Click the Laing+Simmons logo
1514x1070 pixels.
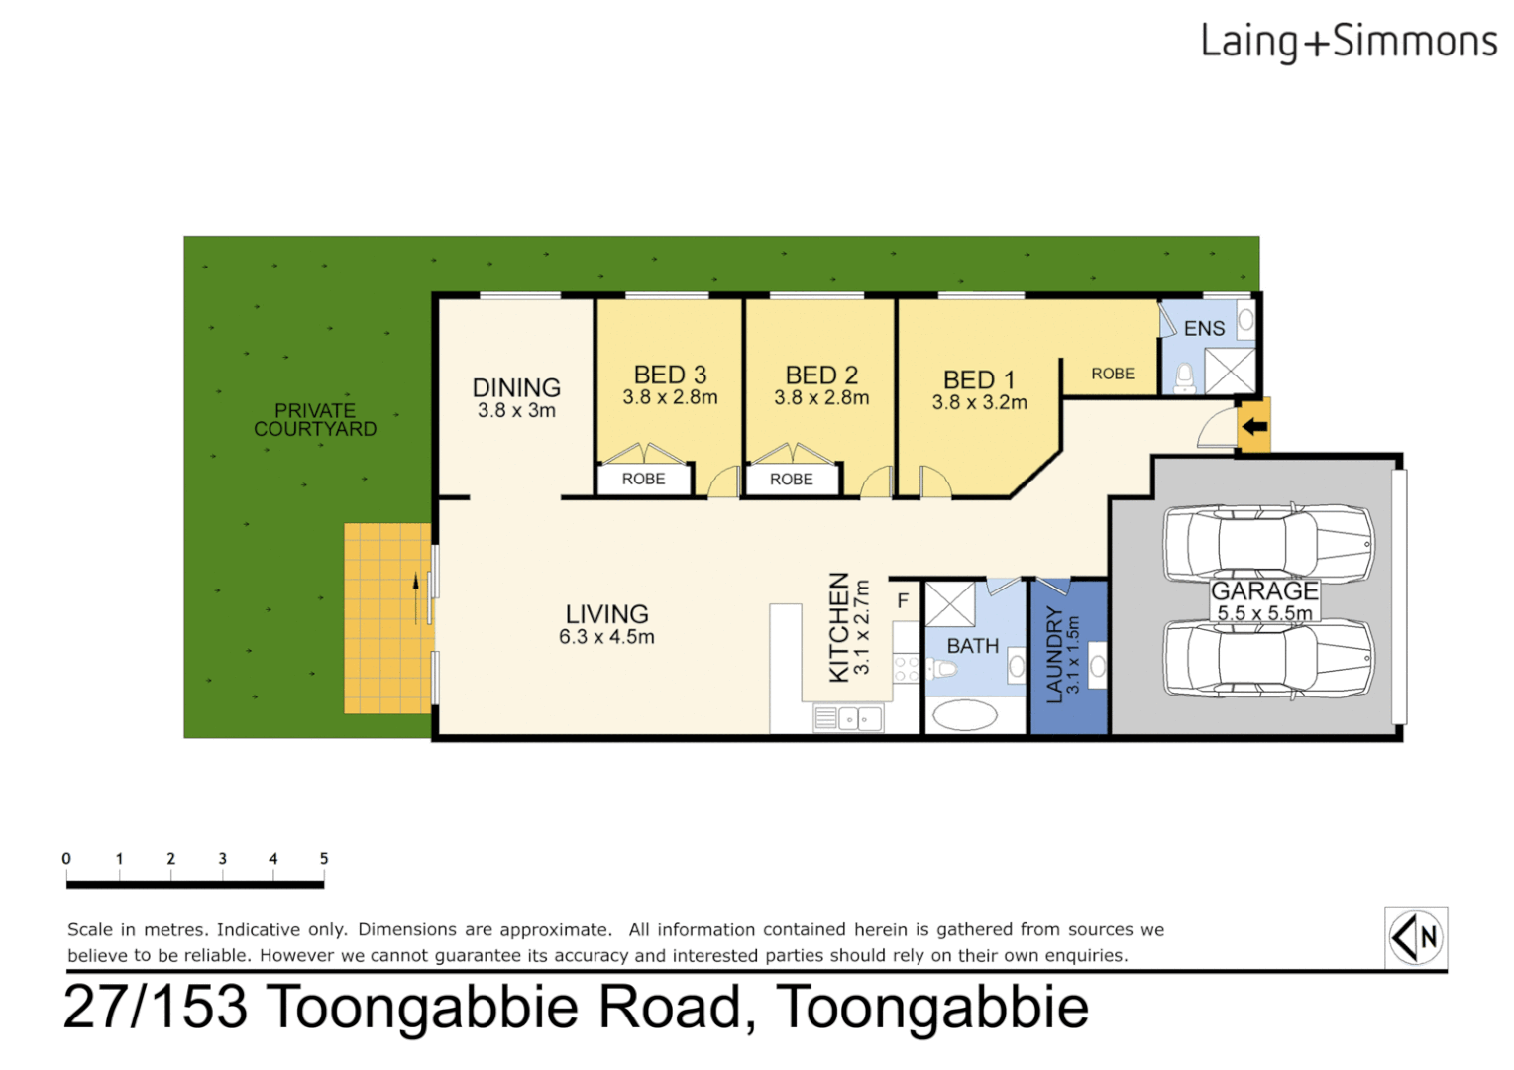pyautogui.click(x=1348, y=42)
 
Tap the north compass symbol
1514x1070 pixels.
pyautogui.click(x=1416, y=936)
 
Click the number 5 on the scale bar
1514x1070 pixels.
pyautogui.click(x=324, y=858)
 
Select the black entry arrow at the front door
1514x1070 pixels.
pyautogui.click(x=1254, y=427)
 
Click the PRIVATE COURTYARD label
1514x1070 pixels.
pyautogui.click(x=315, y=420)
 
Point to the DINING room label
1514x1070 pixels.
pyautogui.click(x=516, y=387)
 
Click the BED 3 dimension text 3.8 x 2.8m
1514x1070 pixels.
pyautogui.click(x=670, y=398)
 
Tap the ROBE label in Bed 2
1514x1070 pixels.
pyautogui.click(x=791, y=480)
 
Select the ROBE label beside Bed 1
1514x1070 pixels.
pyautogui.click(x=1113, y=374)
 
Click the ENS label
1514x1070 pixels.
pyautogui.click(x=1204, y=329)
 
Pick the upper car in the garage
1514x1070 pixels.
pyautogui.click(x=1268, y=543)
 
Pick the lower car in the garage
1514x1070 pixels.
pyautogui.click(x=1268, y=659)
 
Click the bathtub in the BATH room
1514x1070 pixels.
pyautogui.click(x=964, y=714)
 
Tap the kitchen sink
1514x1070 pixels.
pyautogui.click(x=848, y=718)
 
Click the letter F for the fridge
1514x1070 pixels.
pyautogui.click(x=903, y=600)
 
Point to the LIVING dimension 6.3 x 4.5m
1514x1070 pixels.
pyautogui.click(x=606, y=637)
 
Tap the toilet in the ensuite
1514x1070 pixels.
pyautogui.click(x=1184, y=377)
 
